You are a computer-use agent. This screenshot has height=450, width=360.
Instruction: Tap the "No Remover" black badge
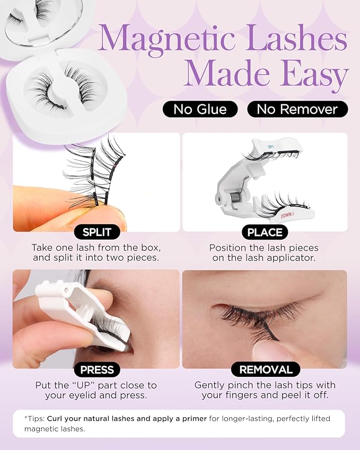[x=297, y=109]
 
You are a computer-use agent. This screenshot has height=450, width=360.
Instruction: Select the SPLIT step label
[x=96, y=232]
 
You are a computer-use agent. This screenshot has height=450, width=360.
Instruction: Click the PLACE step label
[x=265, y=232]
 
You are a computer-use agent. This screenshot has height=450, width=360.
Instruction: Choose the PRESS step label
[x=96, y=369]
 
